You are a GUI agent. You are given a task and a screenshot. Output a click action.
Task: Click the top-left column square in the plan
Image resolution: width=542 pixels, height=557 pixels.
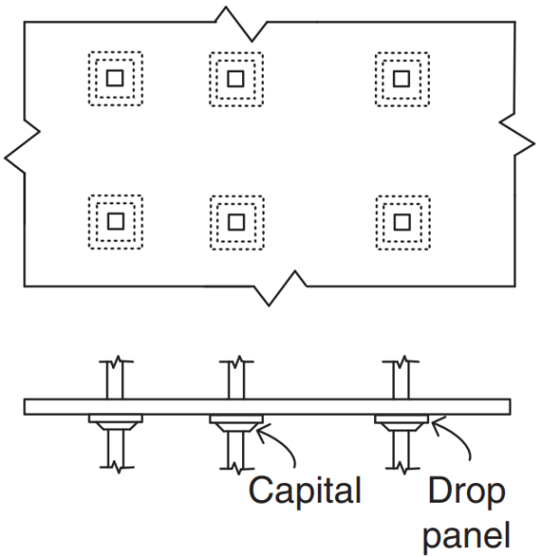114,78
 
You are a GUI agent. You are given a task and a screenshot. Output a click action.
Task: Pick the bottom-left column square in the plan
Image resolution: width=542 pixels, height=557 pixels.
114,220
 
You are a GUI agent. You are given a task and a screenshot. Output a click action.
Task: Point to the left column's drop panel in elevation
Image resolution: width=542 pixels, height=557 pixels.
114,417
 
